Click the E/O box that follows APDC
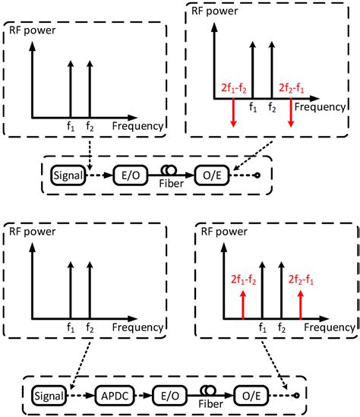[172, 394]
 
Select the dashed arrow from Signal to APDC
[80, 394]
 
